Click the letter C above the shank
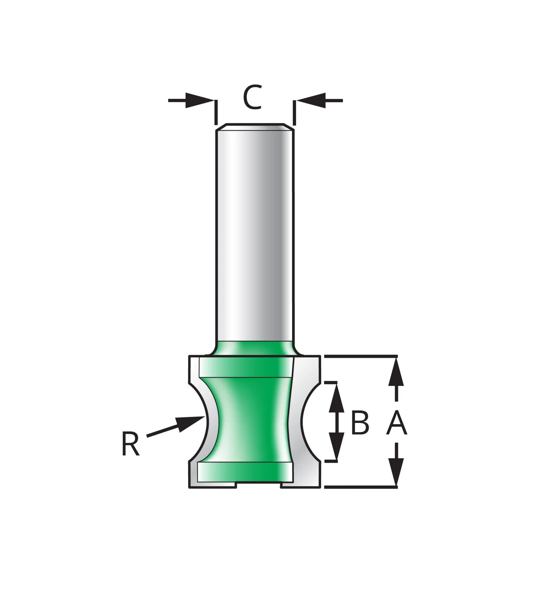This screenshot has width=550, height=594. point(253,97)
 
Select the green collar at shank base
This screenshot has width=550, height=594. point(255,348)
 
